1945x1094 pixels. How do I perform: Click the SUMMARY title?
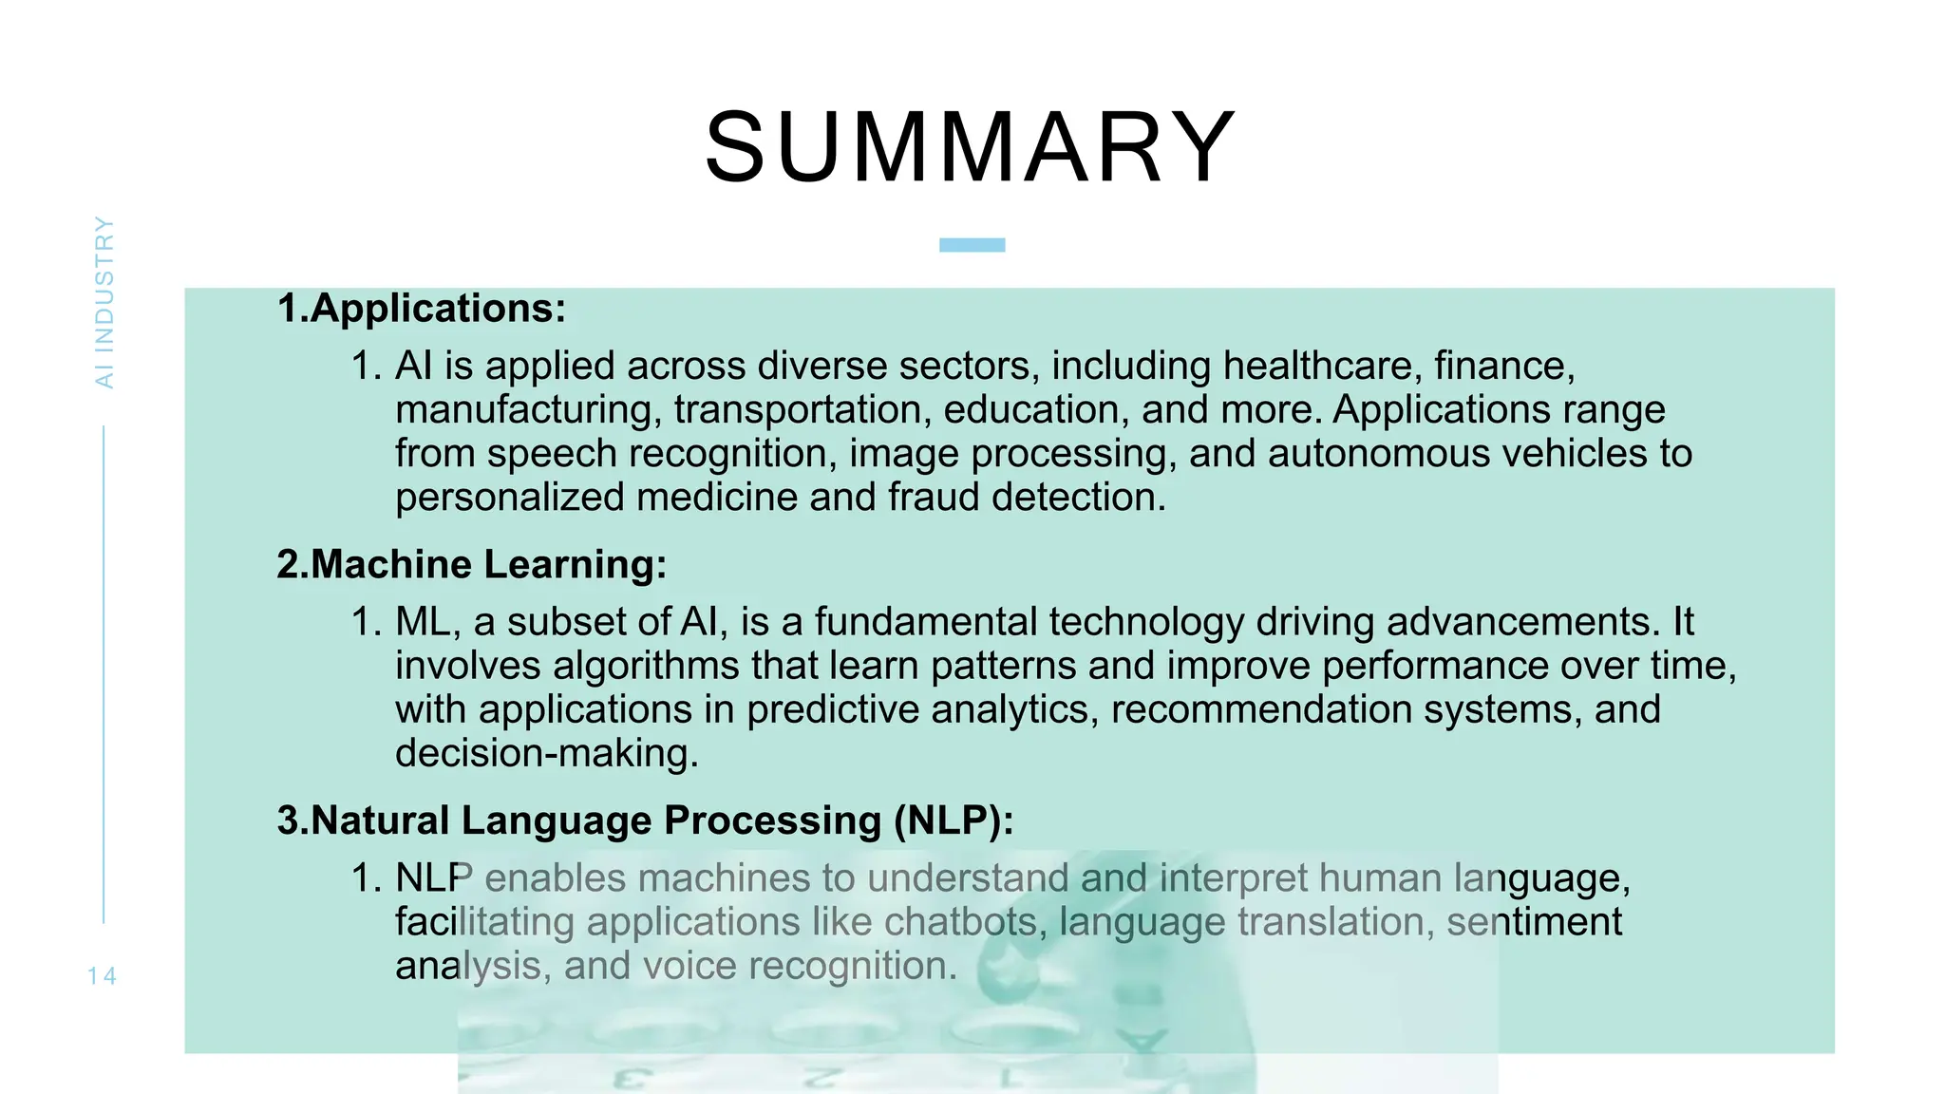tap(971, 148)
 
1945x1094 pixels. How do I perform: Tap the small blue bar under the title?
tap(972, 245)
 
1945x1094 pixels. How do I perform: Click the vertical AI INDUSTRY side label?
tap(104, 302)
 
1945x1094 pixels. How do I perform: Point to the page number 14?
tap(102, 975)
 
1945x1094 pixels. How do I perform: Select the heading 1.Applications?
tap(421, 309)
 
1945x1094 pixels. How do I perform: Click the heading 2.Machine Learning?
tap(472, 564)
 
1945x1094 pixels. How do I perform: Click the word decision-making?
tap(546, 754)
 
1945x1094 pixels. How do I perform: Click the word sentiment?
tap(1534, 922)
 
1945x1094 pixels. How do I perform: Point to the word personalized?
tap(509, 498)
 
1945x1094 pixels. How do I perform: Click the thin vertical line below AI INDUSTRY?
tap(104, 674)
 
